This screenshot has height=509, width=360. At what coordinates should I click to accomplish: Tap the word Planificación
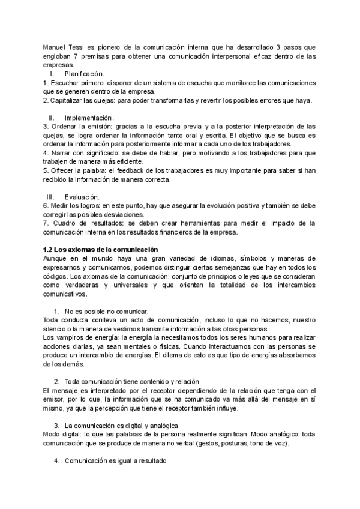pos(88,73)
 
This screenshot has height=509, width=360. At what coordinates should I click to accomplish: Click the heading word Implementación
pos(89,118)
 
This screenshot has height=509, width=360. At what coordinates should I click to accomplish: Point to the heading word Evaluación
pos(82,197)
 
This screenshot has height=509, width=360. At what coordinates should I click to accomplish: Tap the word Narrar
pos(61,153)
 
